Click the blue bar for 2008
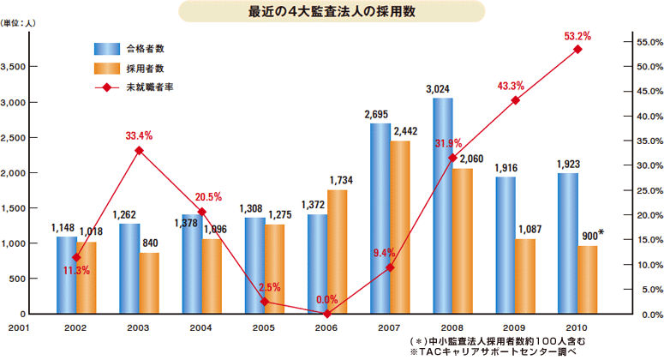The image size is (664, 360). coord(443,206)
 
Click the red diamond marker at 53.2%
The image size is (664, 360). coord(578,50)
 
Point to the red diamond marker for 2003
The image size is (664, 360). coord(140,151)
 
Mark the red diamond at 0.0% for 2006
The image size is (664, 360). coord(328,314)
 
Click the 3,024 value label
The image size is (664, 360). coord(440,88)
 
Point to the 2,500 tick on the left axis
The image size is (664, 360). coord(20,137)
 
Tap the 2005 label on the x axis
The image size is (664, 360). coord(265,327)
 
